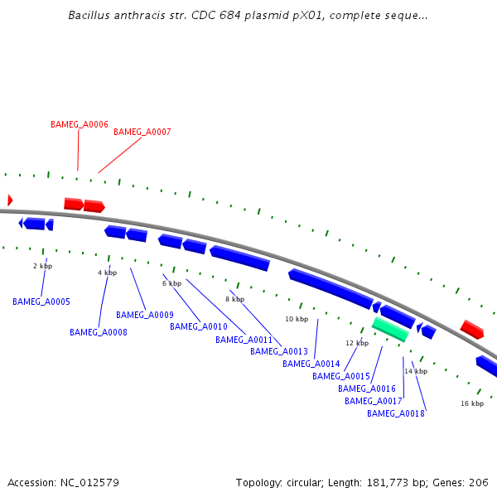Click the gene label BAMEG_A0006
click(80, 124)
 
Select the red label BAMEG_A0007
click(142, 133)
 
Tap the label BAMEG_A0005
click(41, 302)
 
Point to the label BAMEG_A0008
click(99, 333)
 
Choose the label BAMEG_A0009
click(145, 316)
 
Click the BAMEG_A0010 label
click(199, 327)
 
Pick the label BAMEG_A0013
click(279, 352)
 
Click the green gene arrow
click(390, 330)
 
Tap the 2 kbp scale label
click(42, 267)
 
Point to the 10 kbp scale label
click(297, 319)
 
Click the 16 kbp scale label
click(472, 403)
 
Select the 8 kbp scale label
click(235, 300)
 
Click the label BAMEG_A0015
click(341, 377)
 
